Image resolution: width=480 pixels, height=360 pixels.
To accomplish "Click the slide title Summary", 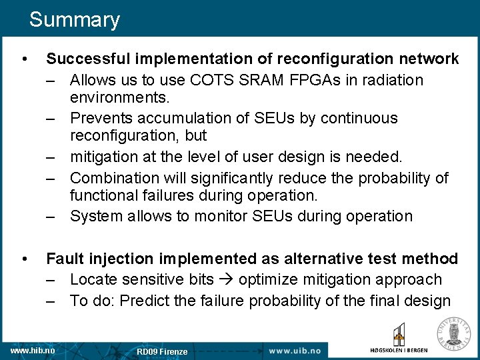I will tap(74, 20).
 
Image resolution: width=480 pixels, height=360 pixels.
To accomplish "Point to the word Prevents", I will tap(99, 119).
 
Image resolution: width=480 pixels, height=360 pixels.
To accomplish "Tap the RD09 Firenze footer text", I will tap(162, 351).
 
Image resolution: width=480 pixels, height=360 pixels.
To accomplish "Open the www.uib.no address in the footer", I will tap(294, 350).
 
